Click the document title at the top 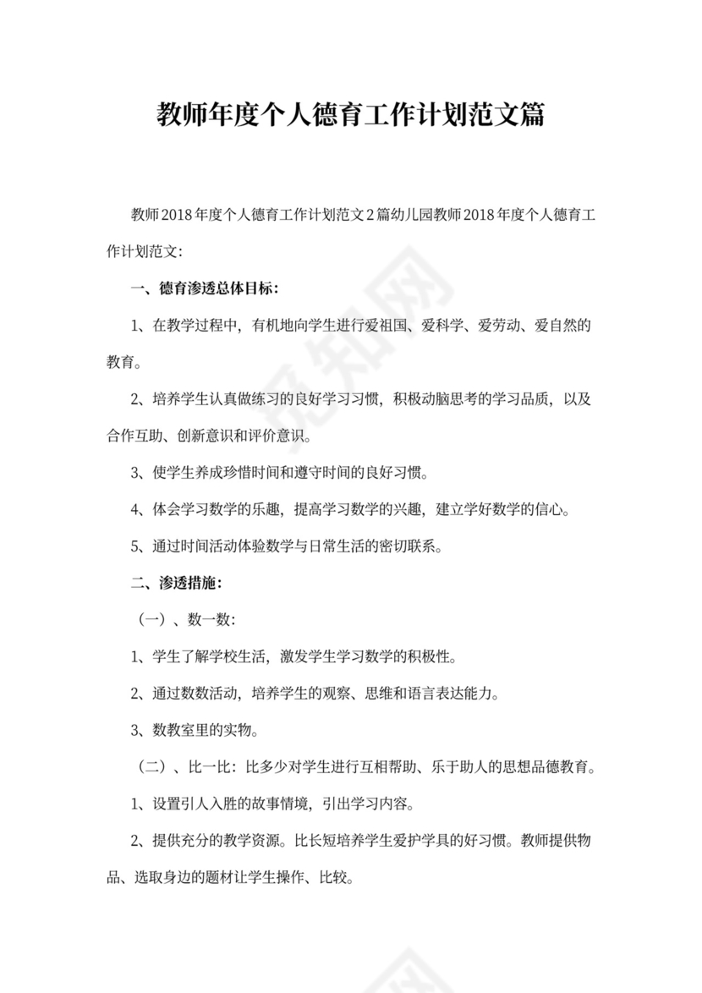350,115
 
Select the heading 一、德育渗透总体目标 206,288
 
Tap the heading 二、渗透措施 177,583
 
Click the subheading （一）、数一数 185,620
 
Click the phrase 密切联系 401,546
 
